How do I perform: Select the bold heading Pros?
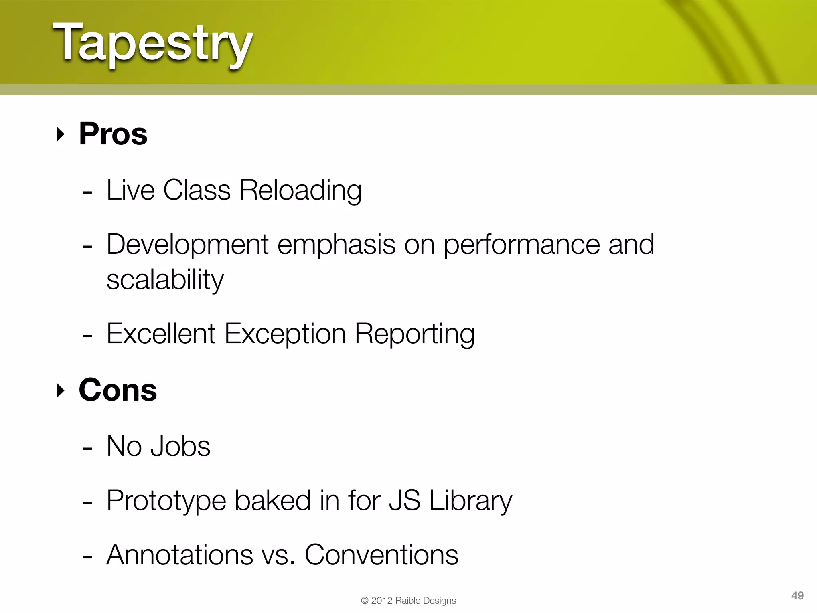coord(113,134)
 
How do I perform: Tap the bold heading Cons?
coord(118,390)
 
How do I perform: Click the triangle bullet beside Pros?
coord(60,134)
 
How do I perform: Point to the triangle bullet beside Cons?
coord(60,391)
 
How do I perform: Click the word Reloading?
coord(300,190)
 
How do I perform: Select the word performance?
coord(522,245)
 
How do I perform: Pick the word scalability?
coord(165,280)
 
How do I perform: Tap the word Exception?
coord(285,334)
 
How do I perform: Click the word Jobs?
coord(180,447)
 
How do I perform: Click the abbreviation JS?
coord(405,500)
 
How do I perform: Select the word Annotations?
coord(180,555)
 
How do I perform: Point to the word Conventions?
coord(381,555)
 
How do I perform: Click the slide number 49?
coord(797,596)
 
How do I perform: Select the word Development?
coord(187,245)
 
